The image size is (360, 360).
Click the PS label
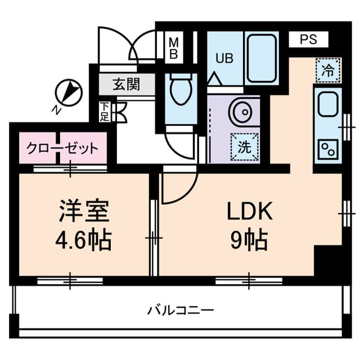click(x=308, y=39)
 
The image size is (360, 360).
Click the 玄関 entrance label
click(x=127, y=85)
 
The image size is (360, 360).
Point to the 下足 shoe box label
click(x=105, y=111)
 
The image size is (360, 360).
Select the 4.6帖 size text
click(x=83, y=241)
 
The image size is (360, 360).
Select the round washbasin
click(x=242, y=111)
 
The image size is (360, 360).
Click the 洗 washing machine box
click(x=244, y=147)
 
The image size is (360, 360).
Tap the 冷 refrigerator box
click(x=327, y=71)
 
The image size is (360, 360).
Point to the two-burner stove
click(x=326, y=147)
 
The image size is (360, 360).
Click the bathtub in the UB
click(x=262, y=58)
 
